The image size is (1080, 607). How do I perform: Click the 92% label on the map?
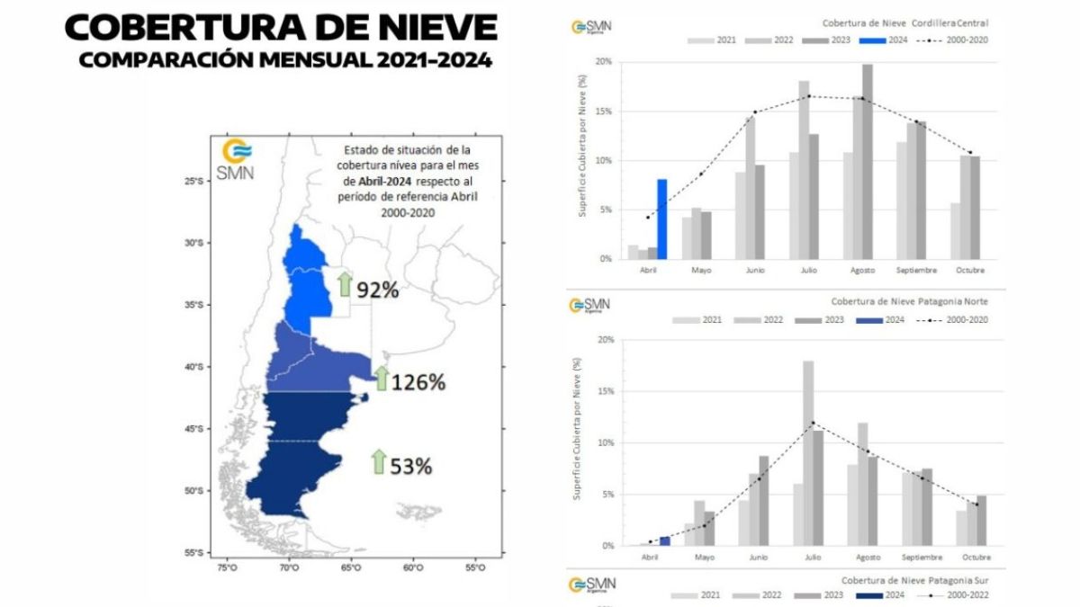pyautogui.click(x=378, y=290)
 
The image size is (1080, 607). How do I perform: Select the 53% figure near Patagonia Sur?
pyautogui.click(x=411, y=467)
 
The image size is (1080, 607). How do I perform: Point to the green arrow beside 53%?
pyautogui.click(x=378, y=462)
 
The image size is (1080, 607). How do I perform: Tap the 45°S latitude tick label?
pyautogui.click(x=193, y=429)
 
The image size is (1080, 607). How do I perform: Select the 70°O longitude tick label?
pyautogui.click(x=288, y=568)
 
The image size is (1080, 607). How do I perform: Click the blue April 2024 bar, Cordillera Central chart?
pyautogui.click(x=661, y=219)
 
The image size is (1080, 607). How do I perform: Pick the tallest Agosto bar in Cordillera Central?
pyautogui.click(x=867, y=162)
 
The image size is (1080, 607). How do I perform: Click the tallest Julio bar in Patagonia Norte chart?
pyautogui.click(x=808, y=452)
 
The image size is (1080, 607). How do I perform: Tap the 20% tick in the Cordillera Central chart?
pyautogui.click(x=603, y=62)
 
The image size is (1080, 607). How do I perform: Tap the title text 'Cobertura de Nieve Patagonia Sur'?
pyautogui.click(x=906, y=582)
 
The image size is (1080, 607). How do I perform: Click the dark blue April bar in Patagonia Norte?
pyautogui.click(x=665, y=540)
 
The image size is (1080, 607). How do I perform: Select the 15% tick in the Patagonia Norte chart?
pyautogui.click(x=603, y=391)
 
